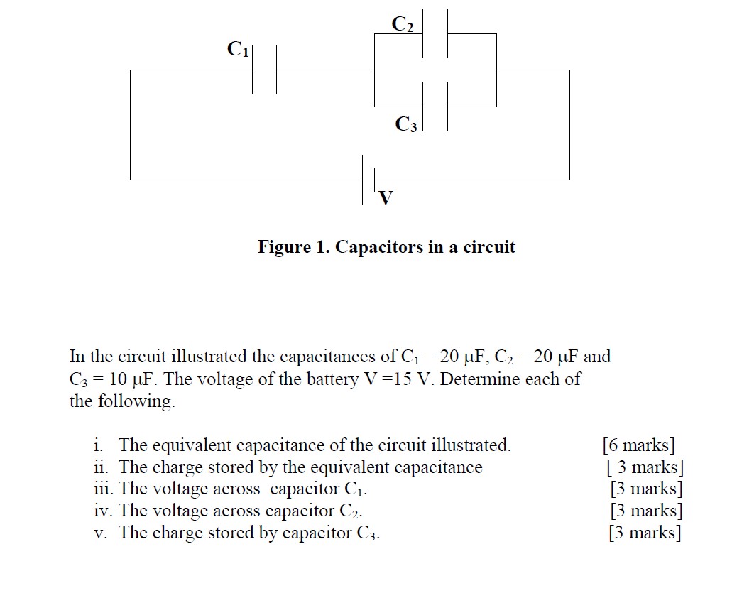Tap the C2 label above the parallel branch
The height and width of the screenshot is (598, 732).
coord(403,24)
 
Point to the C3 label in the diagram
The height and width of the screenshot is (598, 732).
coord(407,125)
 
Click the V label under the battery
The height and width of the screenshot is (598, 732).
coord(385,198)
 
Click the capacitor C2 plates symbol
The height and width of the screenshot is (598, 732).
coord(435,33)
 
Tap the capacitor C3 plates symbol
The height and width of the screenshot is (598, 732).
coord(435,107)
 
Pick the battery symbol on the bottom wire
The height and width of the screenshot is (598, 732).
coord(368,179)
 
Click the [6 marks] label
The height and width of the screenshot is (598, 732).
coord(638,445)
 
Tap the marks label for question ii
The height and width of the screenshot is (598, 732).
coord(645,467)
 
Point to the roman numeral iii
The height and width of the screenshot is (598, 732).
coord(104,489)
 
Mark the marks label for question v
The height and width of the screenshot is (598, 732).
coord(645,533)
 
